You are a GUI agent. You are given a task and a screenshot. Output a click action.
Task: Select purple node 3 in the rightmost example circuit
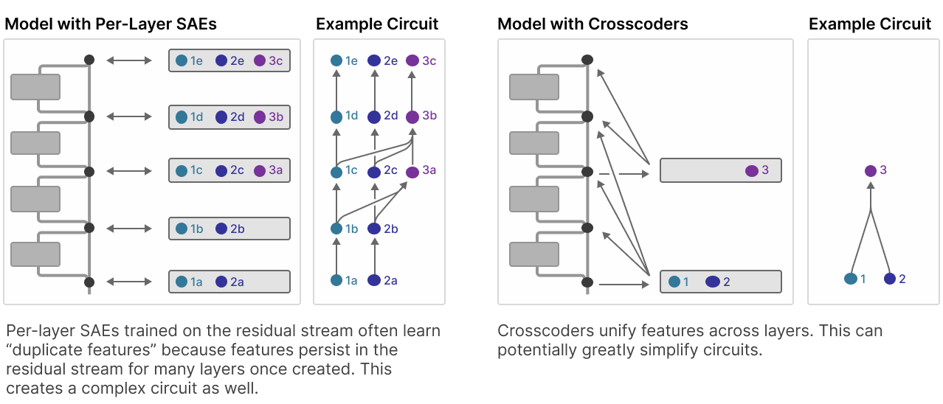coord(870,171)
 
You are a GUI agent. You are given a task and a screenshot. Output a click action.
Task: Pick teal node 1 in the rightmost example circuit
coord(850,279)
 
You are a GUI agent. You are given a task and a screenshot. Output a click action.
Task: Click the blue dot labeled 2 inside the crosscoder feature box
coord(712,282)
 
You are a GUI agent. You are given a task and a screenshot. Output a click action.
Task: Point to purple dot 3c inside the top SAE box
coord(260,60)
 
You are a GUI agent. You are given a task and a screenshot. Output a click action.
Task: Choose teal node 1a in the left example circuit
coord(336,280)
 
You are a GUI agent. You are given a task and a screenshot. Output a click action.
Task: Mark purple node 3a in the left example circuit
coord(412,172)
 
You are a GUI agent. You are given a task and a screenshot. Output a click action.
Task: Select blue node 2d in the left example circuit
coord(374,117)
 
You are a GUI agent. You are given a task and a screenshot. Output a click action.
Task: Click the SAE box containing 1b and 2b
coord(229,229)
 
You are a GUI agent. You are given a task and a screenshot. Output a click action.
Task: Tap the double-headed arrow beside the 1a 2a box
coord(129,282)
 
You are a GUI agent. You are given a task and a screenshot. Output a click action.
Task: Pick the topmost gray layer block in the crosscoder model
coord(534,87)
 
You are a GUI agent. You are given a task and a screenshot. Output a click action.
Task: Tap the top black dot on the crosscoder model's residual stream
coord(587,60)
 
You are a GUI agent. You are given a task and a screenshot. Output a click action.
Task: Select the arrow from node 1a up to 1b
coord(336,256)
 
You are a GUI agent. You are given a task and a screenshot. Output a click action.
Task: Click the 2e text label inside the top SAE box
coord(237,61)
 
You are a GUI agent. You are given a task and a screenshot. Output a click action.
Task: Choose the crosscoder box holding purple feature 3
coord(721,170)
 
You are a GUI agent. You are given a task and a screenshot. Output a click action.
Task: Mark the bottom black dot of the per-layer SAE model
coord(89,282)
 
